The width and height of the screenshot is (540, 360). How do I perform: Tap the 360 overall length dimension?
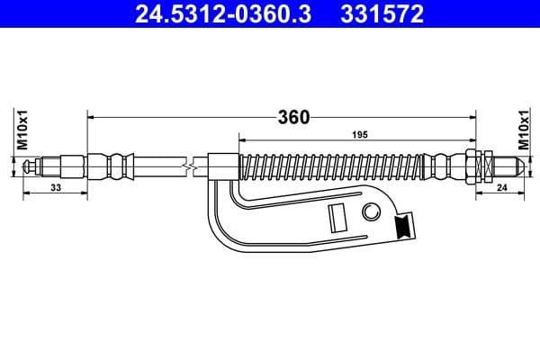click(293, 117)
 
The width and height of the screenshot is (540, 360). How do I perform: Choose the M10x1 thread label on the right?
click(523, 130)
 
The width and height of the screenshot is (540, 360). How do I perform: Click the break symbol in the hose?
click(186, 166)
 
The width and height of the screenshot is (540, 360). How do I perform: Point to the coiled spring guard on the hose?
click(333, 166)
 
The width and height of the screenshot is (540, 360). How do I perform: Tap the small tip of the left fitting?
click(30, 166)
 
